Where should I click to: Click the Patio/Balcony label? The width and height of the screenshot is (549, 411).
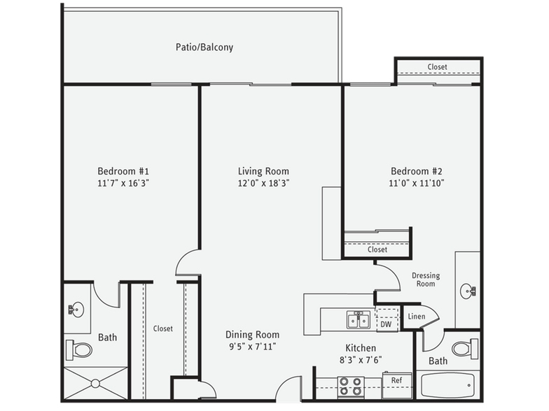click(x=204, y=48)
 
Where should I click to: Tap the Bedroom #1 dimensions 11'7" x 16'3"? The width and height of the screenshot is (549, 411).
click(x=123, y=183)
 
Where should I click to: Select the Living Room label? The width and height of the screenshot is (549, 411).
click(x=263, y=171)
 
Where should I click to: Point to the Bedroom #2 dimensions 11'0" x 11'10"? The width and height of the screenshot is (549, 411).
click(x=417, y=183)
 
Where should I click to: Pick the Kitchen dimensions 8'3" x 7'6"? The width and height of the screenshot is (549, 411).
click(x=361, y=361)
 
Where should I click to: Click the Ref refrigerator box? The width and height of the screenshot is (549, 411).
click(x=396, y=381)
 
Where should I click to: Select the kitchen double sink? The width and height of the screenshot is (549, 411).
click(x=358, y=319)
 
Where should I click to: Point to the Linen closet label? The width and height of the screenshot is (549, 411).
click(x=416, y=317)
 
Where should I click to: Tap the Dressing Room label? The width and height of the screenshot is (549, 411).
click(x=425, y=280)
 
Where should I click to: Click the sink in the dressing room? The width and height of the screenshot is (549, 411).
click(x=468, y=290)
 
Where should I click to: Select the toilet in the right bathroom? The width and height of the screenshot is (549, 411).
click(x=464, y=348)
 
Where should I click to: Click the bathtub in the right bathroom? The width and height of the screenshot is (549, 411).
click(x=448, y=385)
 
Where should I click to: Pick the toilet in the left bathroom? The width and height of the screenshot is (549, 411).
click(x=79, y=348)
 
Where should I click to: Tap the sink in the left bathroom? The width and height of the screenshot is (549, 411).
click(x=76, y=308)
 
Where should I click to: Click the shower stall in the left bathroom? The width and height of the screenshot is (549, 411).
click(x=96, y=384)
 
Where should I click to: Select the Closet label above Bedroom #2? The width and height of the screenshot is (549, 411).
click(x=437, y=67)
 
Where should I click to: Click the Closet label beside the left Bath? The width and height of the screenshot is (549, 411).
click(x=162, y=329)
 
